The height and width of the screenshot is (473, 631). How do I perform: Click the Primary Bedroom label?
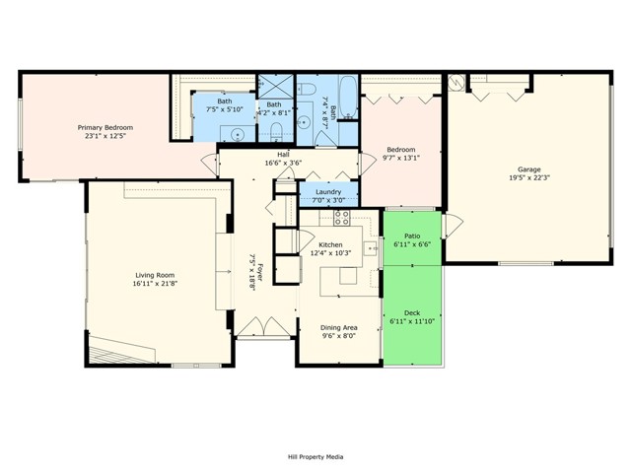coord(105,127)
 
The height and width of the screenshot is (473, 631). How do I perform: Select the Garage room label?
coord(528,169)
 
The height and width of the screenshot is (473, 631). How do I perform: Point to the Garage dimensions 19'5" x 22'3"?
coord(528,178)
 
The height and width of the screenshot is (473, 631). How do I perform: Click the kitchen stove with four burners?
coord(342,218)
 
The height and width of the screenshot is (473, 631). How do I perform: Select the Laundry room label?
coord(328,192)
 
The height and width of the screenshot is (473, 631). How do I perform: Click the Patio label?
coord(412,236)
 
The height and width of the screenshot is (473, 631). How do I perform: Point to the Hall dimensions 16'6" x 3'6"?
coord(283,163)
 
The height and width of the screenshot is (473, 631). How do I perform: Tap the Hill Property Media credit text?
coord(315,456)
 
